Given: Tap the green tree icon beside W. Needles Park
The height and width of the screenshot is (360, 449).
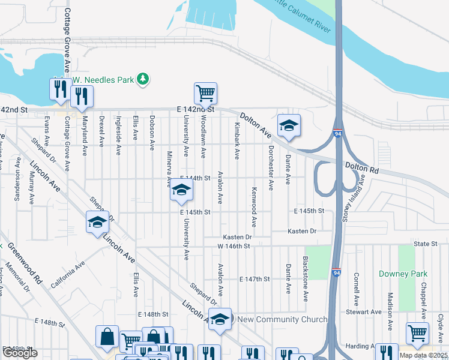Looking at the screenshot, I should pos(143,79).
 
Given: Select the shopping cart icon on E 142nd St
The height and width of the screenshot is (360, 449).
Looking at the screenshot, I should pos(205,94).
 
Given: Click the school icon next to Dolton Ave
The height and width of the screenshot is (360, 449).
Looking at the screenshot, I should pos(289,125).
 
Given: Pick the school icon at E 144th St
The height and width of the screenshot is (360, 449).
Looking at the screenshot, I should pos(180,191).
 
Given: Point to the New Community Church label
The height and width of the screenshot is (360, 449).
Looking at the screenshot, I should pos(282,319).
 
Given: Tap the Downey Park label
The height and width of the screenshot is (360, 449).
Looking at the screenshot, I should pos(403,274).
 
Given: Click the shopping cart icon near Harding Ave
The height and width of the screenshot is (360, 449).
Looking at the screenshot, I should pos(417,333).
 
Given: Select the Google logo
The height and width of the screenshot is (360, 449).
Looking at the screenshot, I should pos(20,353).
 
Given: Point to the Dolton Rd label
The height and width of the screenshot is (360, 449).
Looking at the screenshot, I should pos(361,167).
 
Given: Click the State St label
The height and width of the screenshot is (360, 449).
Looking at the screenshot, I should pos(425,244).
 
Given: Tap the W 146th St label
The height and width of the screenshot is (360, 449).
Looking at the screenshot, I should pos(233,247).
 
